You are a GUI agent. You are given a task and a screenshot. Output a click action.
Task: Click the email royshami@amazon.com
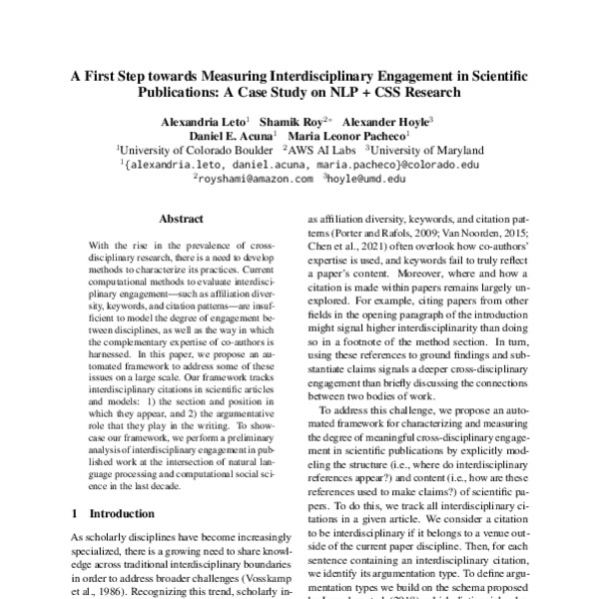(255, 179)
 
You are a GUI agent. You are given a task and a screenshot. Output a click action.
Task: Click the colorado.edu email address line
(300, 164)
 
